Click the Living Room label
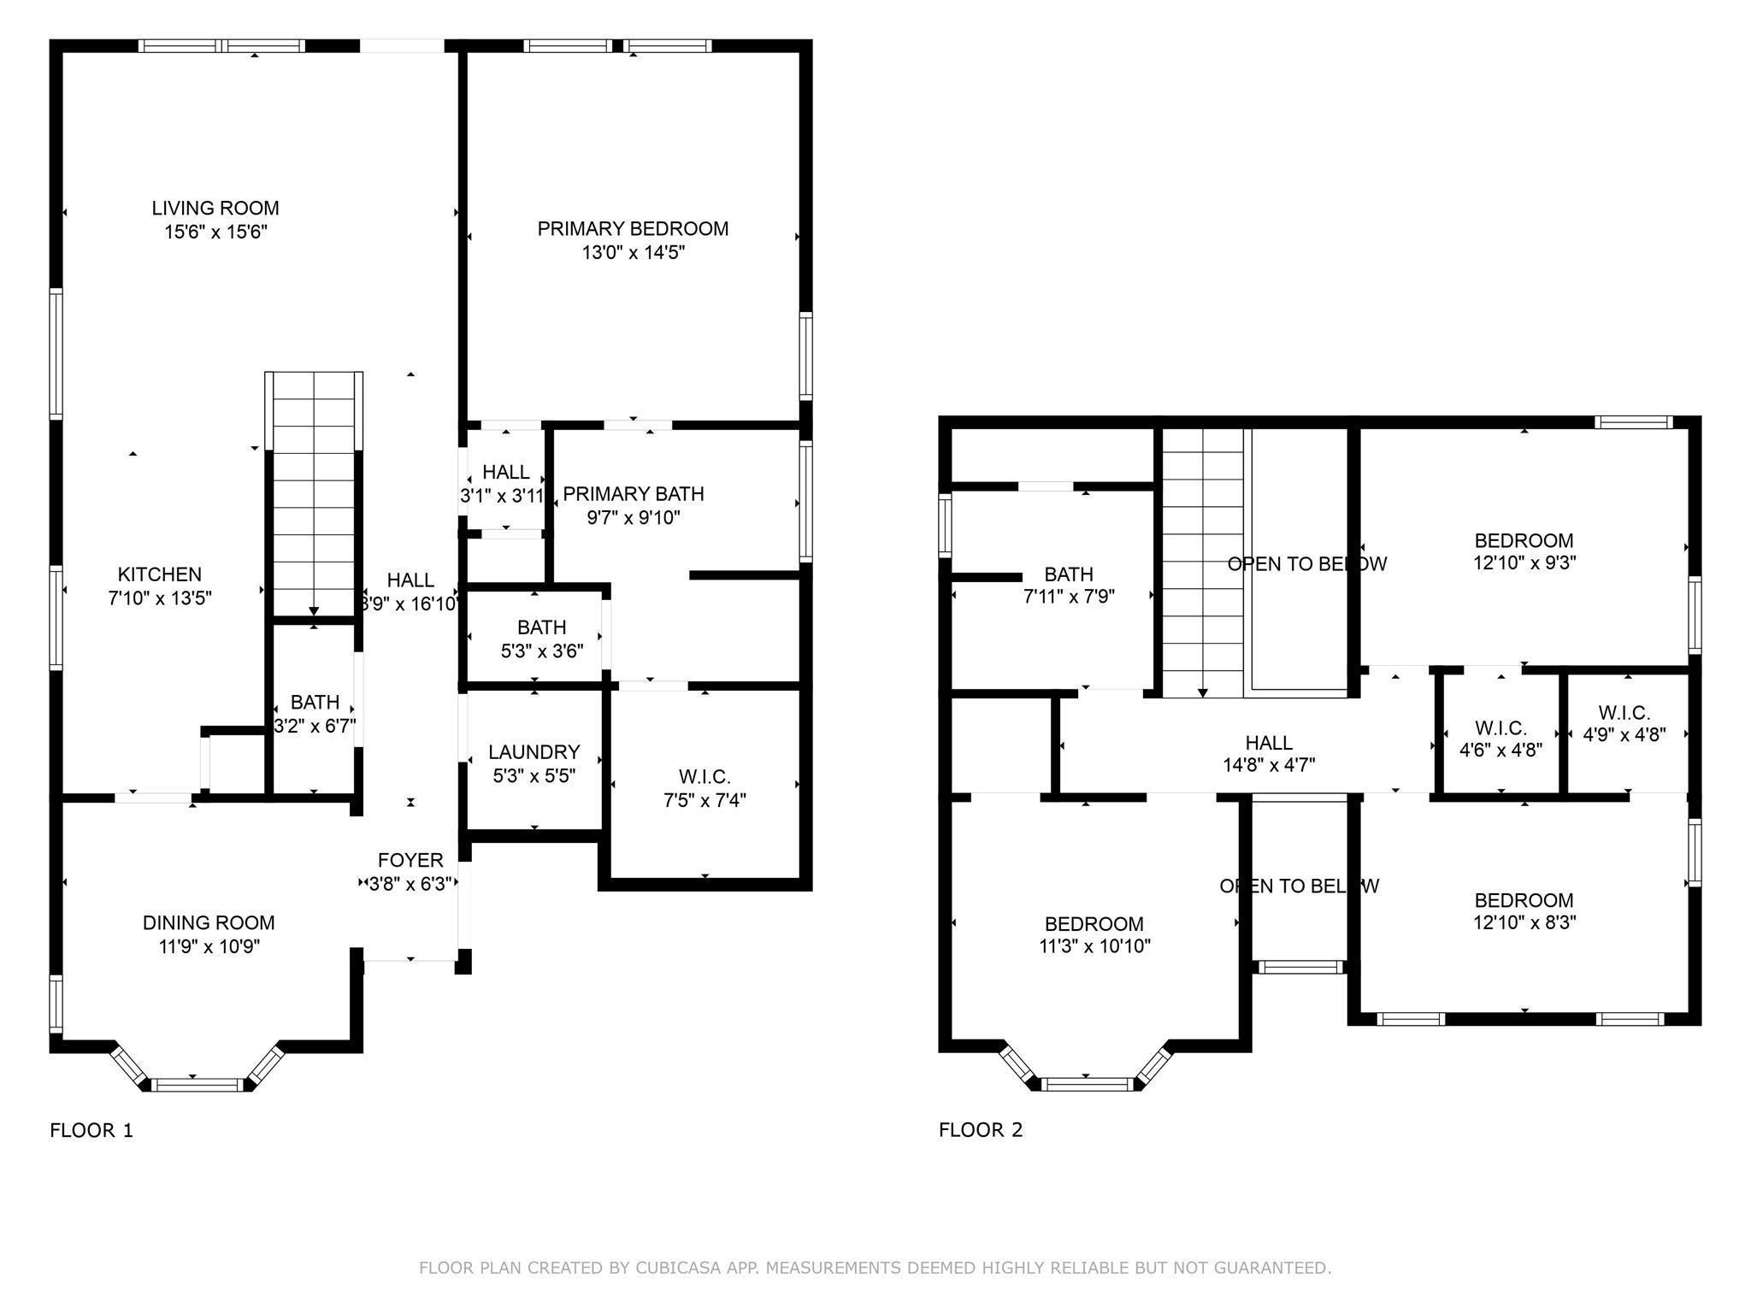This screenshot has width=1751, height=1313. coord(215,208)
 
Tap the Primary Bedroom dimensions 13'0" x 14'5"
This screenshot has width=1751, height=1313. coord(633,252)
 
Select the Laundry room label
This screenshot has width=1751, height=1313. coord(534,752)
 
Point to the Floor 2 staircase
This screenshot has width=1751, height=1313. coord(1203,564)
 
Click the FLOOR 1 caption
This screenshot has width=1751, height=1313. coord(91,1130)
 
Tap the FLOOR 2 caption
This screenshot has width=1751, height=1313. coord(981,1129)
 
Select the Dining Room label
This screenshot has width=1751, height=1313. coord(209,922)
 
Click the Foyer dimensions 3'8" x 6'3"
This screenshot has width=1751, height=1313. coord(410,884)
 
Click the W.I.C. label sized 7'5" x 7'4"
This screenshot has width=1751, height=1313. coord(705,777)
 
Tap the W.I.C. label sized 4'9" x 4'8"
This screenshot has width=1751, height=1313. coord(1624,713)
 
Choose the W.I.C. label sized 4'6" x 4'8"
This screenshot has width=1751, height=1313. coord(1500,728)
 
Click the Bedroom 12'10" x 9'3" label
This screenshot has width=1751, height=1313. coord(1524,540)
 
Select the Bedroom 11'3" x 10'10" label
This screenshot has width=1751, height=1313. coord(1094,924)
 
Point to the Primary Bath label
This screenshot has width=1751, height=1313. coord(634,494)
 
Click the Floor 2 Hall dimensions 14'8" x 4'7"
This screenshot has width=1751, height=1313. coord(1269,765)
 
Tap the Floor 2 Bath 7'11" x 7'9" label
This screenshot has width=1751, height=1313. coord(1069,574)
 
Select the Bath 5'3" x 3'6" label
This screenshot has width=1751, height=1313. coord(541,627)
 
